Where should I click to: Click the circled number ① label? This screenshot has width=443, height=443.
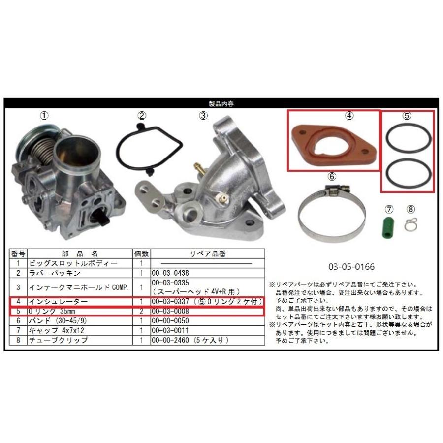coord(44,116)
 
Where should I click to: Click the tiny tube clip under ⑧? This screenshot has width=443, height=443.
coord(411,224)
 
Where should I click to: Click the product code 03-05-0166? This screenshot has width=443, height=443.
coord(351,267)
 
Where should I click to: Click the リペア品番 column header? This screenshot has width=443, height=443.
coord(208,254)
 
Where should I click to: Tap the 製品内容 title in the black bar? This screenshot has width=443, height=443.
coord(221,104)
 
